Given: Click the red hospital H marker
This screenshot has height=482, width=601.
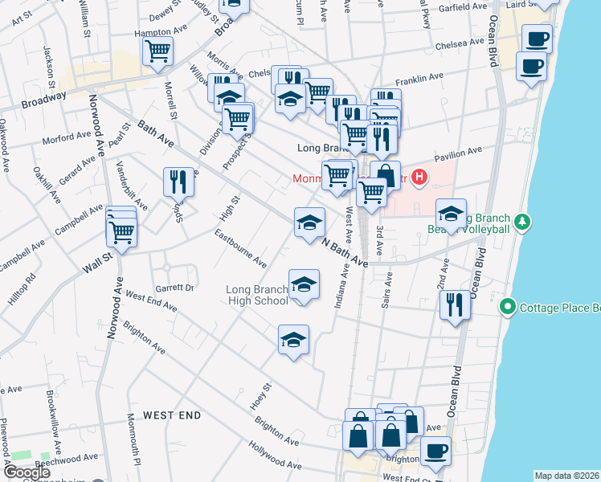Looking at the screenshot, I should click(418, 176).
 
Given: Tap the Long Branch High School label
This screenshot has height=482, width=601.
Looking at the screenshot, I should click(256, 295).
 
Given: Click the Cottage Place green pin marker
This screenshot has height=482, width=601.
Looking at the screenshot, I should click(507, 307).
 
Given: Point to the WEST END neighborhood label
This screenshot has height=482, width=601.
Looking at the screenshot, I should click(172, 415).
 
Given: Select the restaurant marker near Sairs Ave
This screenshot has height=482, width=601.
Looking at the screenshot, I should click(455, 304).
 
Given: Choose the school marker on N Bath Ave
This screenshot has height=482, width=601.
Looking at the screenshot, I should click(309, 223).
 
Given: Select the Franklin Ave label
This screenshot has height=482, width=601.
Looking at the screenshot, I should click(419, 79).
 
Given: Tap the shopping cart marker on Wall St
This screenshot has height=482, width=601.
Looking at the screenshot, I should click(121, 232).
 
